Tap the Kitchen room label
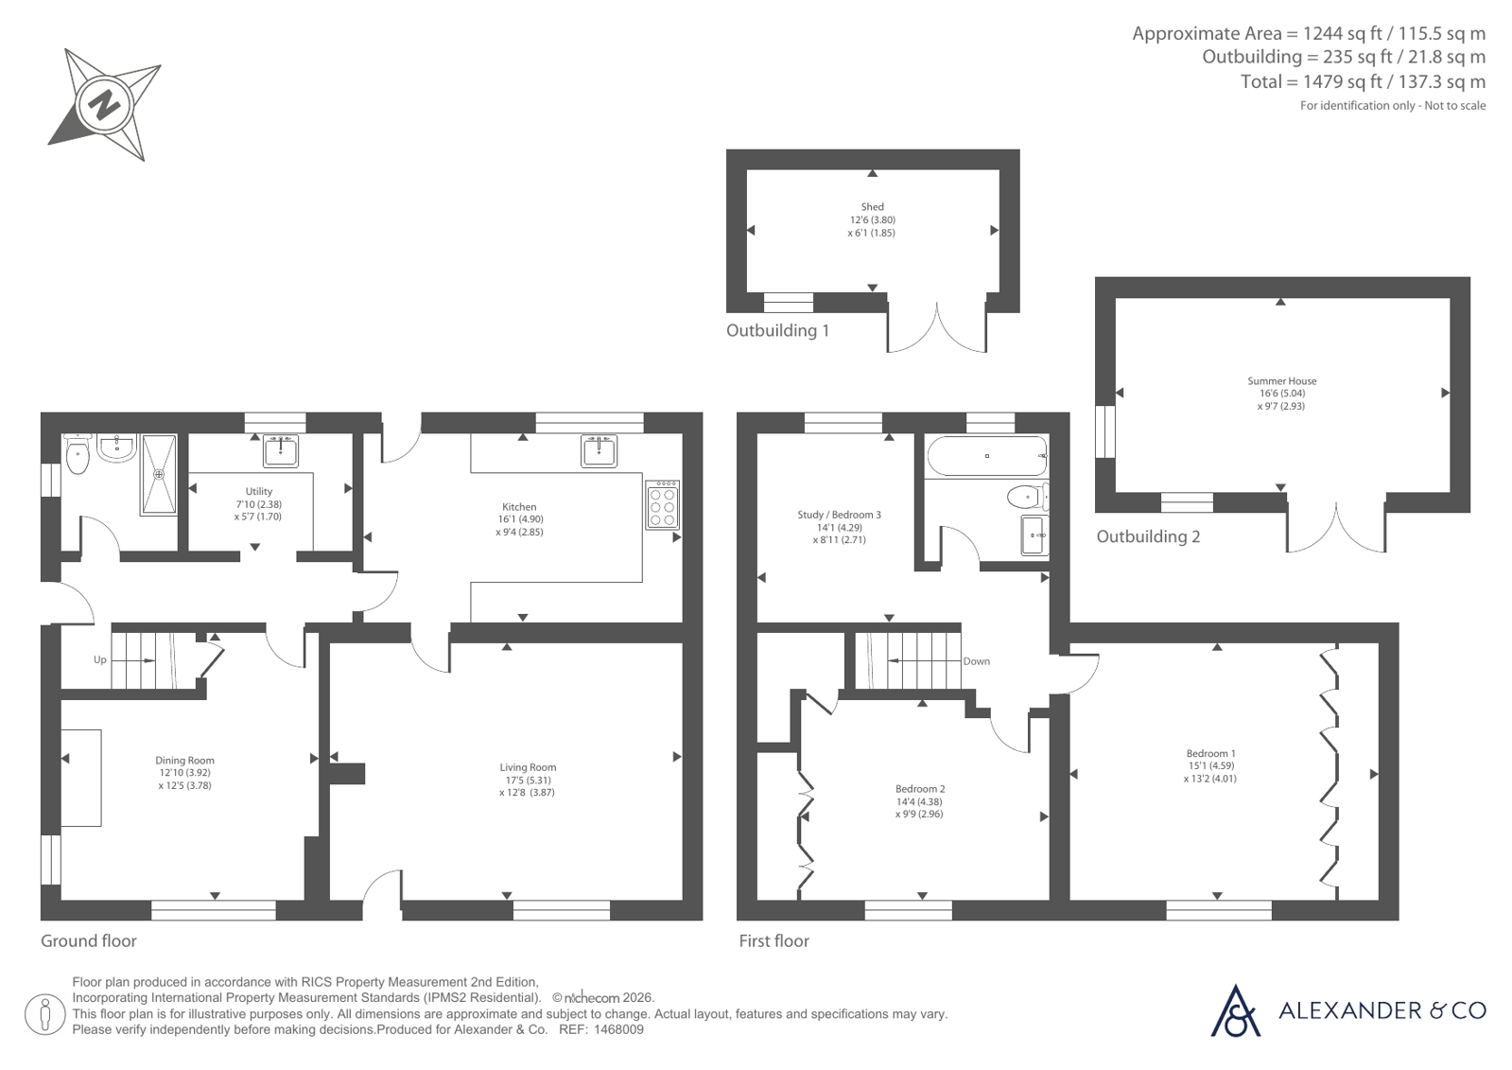[519, 507]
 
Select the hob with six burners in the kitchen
[662, 504]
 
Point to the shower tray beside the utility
[159, 474]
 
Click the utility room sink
[281, 450]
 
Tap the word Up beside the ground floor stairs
[100, 660]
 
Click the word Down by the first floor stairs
[976, 661]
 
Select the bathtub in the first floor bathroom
[987, 456]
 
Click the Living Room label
[528, 767]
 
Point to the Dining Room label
[184, 761]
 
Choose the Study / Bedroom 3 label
[839, 515]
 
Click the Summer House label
[1282, 381]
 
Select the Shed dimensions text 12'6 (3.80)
[873, 219]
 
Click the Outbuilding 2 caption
[1148, 536]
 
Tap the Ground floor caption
[89, 941]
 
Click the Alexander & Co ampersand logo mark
[1235, 1011]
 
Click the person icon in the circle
[44, 1014]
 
